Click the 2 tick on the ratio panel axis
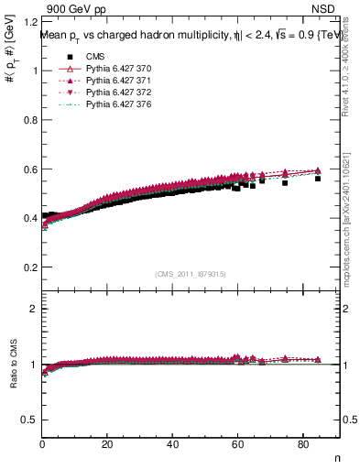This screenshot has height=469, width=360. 33,309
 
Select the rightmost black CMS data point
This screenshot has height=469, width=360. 318,179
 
